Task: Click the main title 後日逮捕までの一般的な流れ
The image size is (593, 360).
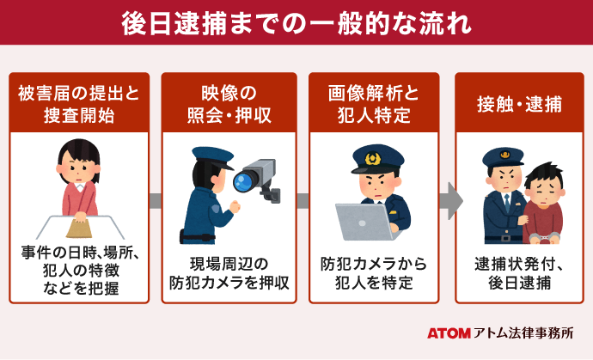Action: (296, 23)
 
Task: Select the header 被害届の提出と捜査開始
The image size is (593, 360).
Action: (78, 104)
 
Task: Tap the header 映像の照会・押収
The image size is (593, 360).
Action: (228, 104)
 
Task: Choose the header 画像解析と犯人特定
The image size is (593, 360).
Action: (374, 104)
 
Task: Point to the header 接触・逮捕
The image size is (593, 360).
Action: (520, 104)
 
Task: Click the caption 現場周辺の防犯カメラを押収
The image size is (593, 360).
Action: (228, 272)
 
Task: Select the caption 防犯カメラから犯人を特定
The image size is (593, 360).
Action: (374, 272)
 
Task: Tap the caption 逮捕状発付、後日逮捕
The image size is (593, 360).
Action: (520, 272)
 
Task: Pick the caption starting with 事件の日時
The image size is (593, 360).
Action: (78, 272)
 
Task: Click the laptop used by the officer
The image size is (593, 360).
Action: (360, 222)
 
